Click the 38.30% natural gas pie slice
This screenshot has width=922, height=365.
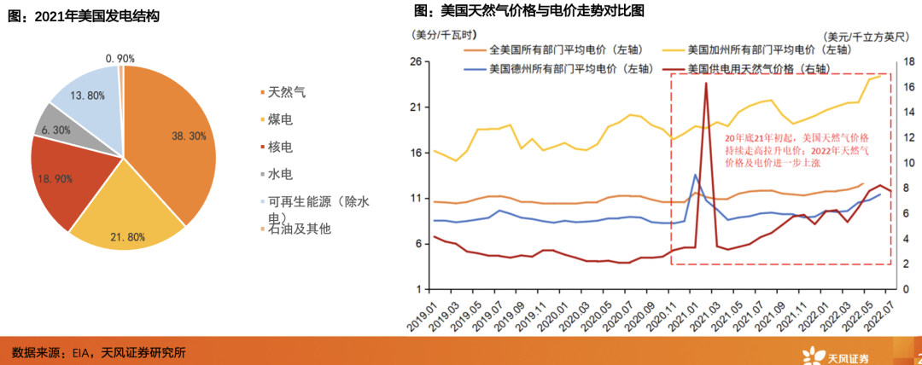point(171,136)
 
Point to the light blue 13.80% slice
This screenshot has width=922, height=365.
point(85,94)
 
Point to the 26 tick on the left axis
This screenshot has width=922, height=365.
point(417,62)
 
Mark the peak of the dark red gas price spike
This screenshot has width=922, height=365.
point(706,84)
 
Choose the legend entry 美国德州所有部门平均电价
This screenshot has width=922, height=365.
point(556,68)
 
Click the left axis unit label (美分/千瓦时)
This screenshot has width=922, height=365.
point(438,35)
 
